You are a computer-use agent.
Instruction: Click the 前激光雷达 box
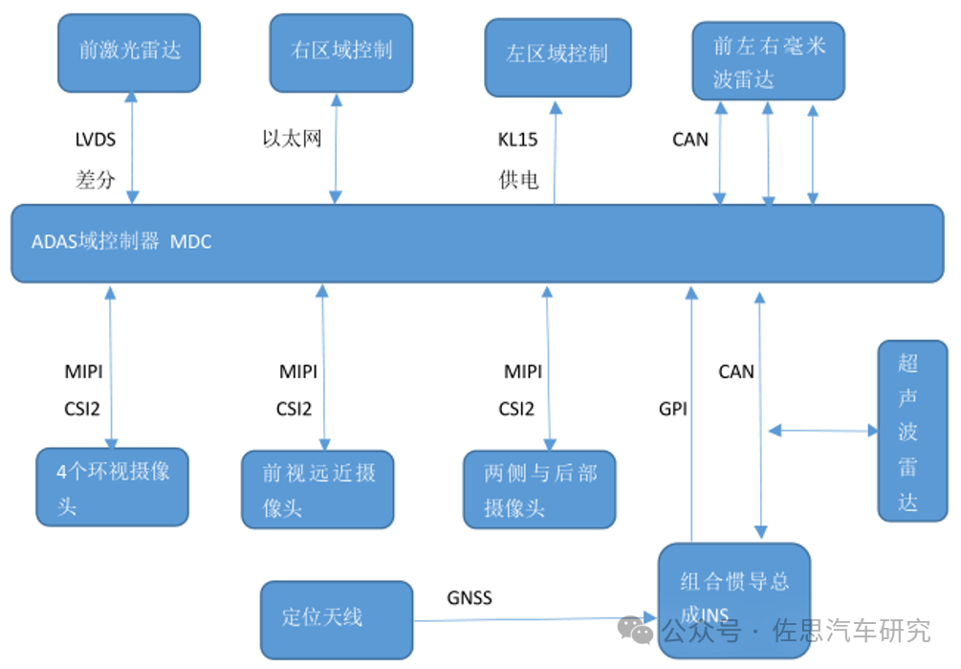click(x=129, y=53)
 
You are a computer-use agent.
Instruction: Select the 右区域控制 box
click(x=341, y=53)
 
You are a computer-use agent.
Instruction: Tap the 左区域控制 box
click(x=557, y=56)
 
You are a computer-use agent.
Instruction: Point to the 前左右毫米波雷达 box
click(x=768, y=62)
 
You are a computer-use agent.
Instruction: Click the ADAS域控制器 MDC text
click(x=121, y=242)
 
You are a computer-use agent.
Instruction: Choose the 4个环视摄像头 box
click(x=112, y=486)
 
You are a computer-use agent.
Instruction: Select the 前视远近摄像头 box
click(x=317, y=489)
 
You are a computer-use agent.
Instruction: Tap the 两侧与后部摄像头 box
click(x=539, y=489)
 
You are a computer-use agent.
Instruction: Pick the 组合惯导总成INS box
click(x=733, y=598)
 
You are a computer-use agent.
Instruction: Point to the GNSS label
click(x=470, y=598)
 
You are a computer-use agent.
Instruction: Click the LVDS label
click(x=96, y=140)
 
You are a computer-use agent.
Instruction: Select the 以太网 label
click(x=292, y=140)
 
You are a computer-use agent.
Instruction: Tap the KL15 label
click(x=517, y=140)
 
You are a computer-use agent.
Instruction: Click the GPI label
click(x=673, y=409)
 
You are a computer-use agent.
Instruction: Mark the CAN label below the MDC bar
click(x=736, y=371)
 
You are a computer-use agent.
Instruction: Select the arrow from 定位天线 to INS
click(x=535, y=618)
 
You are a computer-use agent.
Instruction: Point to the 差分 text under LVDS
click(x=96, y=179)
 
